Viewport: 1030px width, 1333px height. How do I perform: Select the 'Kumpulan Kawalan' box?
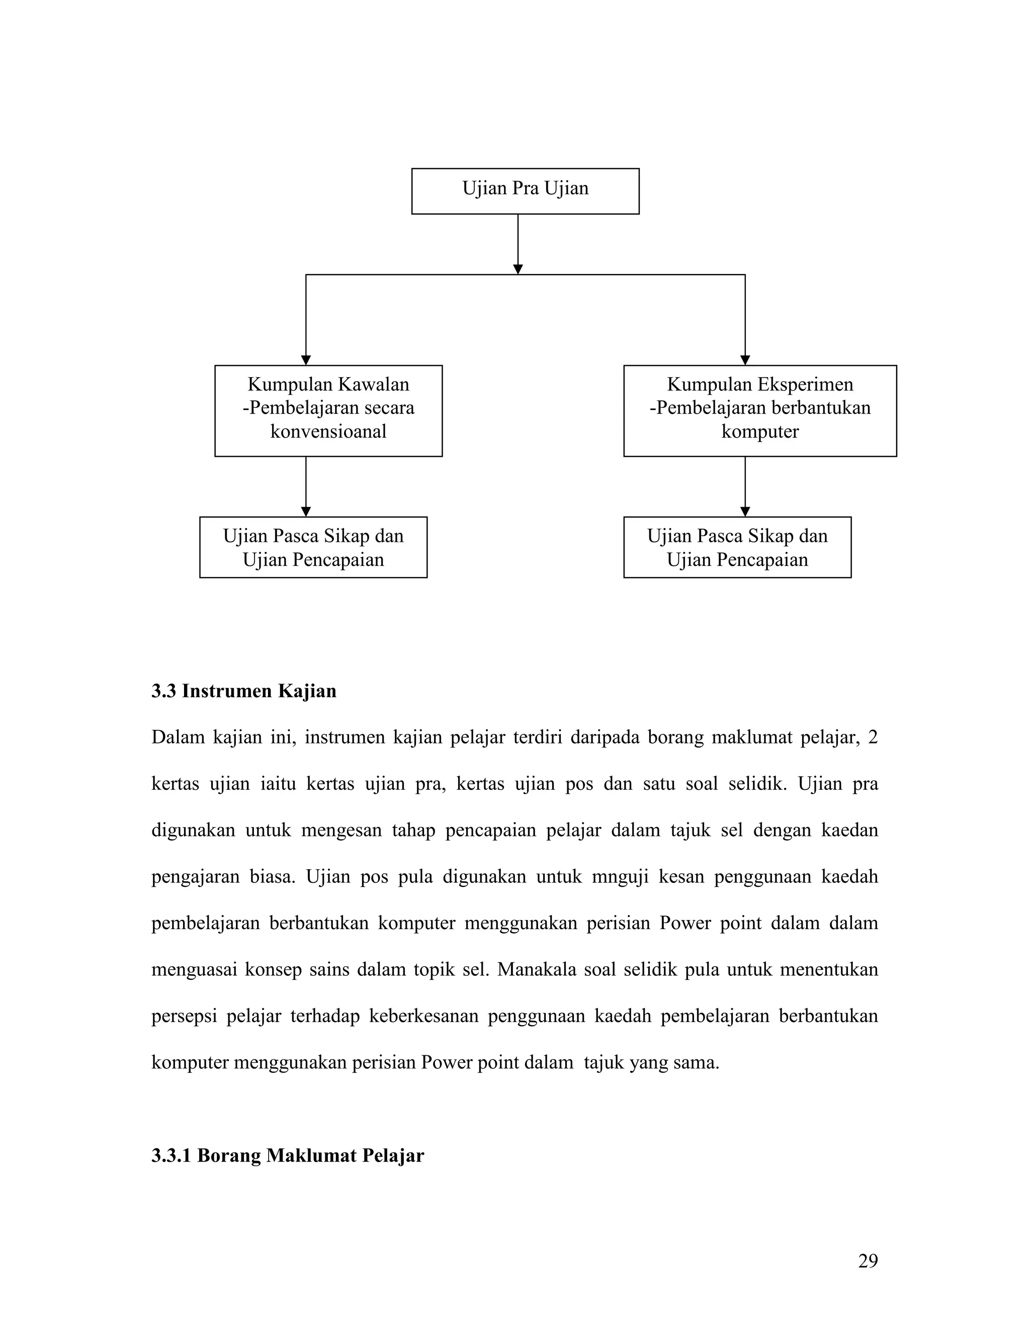328,411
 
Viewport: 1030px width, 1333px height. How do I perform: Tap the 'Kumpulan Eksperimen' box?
760,411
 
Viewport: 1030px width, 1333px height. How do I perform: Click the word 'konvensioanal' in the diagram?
328,432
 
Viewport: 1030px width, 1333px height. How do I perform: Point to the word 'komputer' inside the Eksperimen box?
760,432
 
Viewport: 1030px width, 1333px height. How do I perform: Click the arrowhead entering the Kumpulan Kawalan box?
306,360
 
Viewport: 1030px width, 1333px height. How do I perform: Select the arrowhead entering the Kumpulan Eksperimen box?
744,360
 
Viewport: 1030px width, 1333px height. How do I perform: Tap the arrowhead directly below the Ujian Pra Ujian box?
518,269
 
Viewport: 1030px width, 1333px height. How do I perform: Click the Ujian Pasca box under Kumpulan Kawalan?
313,547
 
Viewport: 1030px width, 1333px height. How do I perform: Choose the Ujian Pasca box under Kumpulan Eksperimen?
737,547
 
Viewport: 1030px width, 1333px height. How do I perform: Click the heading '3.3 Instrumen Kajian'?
244,691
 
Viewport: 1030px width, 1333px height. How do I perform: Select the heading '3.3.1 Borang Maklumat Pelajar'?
287,1156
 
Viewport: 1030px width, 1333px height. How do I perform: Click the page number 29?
868,1261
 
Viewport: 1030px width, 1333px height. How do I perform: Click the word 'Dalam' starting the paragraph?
177,738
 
